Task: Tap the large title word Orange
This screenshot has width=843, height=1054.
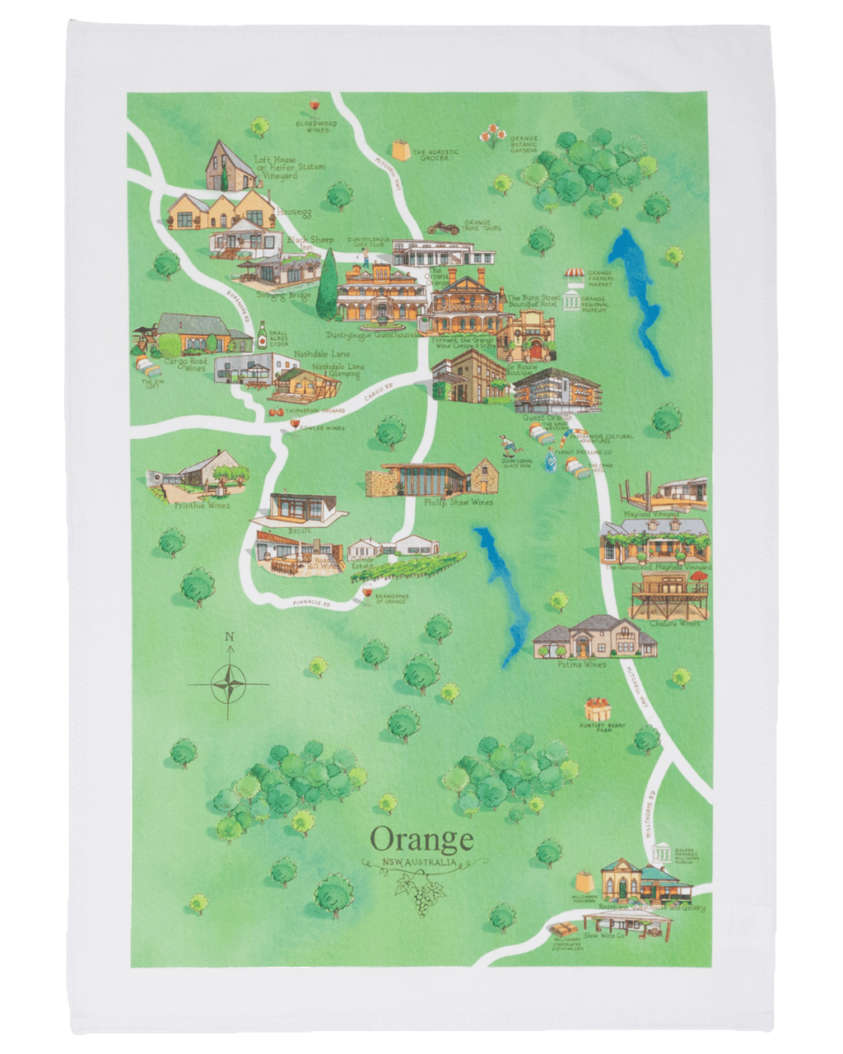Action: point(421,839)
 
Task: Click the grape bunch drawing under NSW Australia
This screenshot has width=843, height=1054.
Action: point(420,894)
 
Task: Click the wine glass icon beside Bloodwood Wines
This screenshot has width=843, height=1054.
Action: point(314,105)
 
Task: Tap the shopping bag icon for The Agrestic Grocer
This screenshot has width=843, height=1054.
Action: point(401,151)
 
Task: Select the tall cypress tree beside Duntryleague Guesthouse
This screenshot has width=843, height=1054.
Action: point(328,283)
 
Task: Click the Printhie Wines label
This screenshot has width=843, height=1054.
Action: point(202,506)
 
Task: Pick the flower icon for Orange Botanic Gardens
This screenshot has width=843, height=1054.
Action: point(492,134)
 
